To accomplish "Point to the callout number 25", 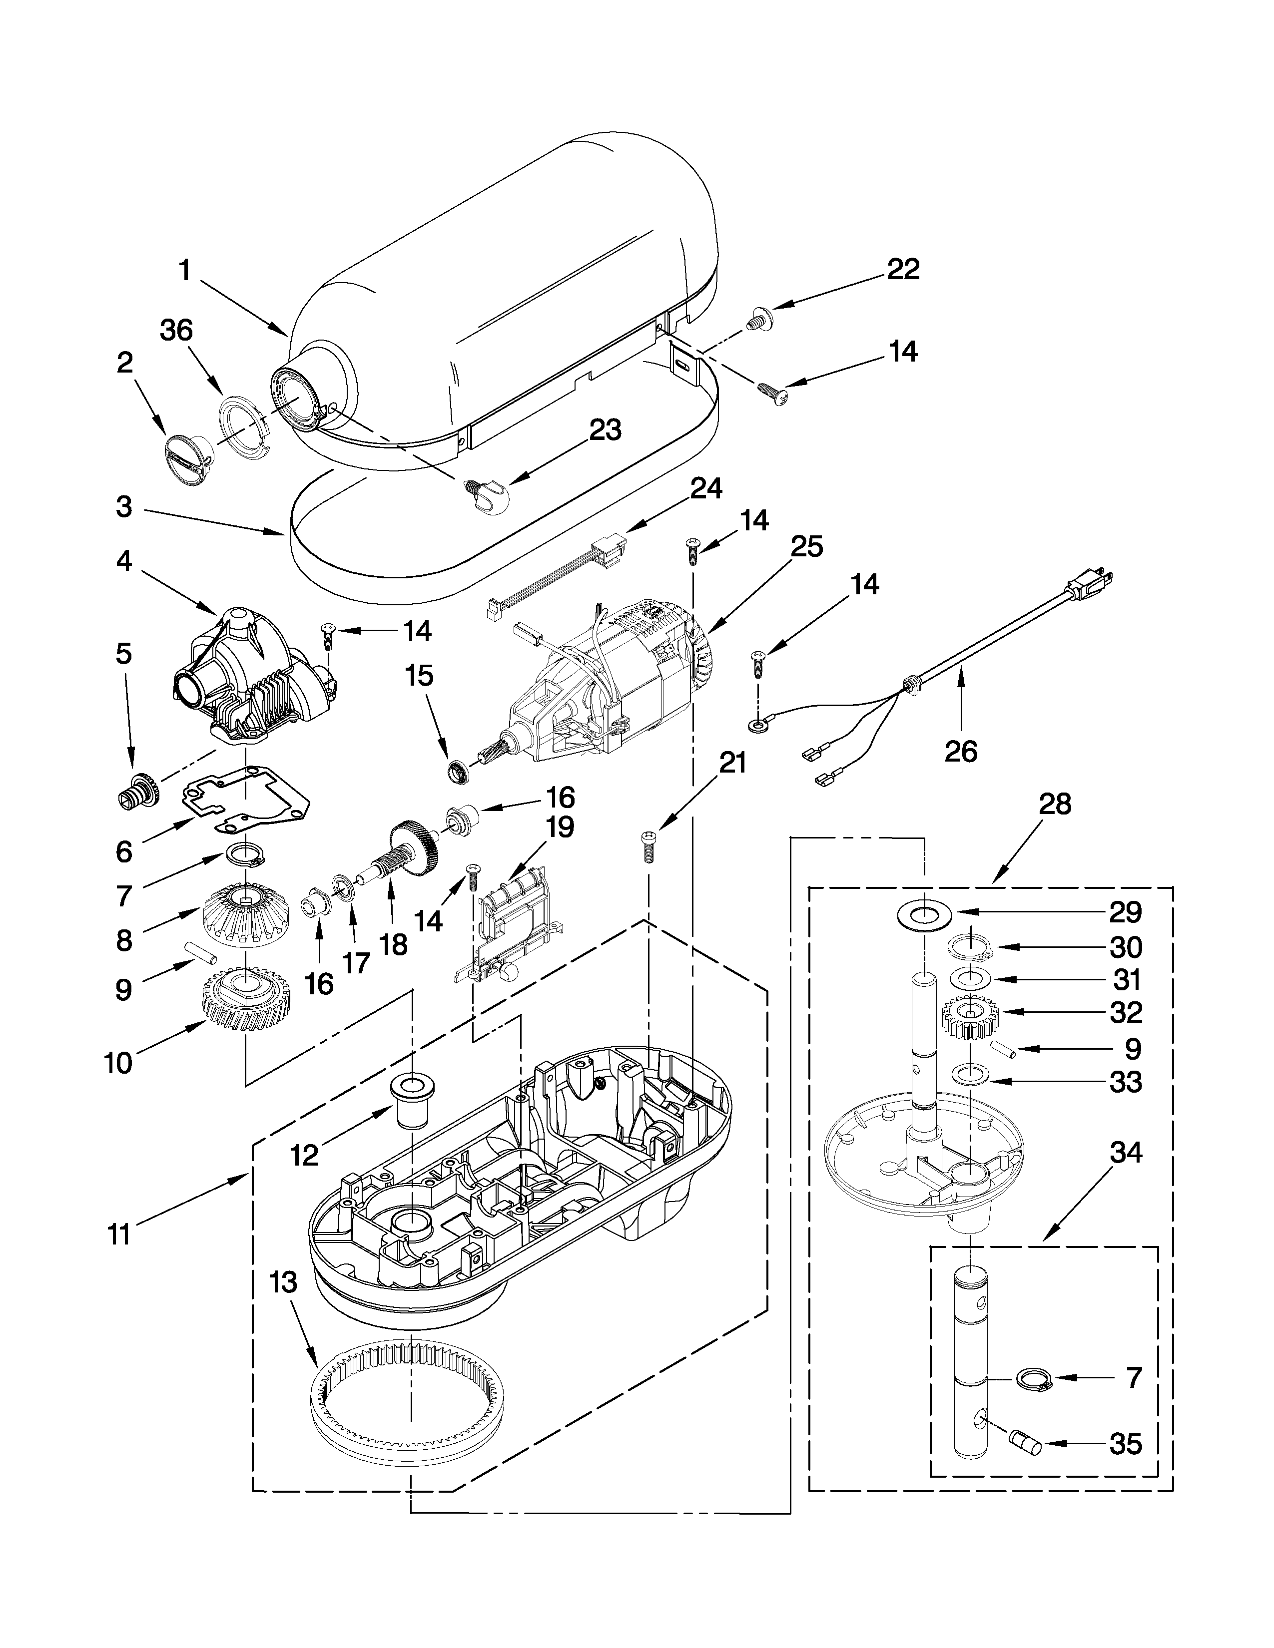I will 805,546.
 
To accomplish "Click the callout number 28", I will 1055,805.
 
